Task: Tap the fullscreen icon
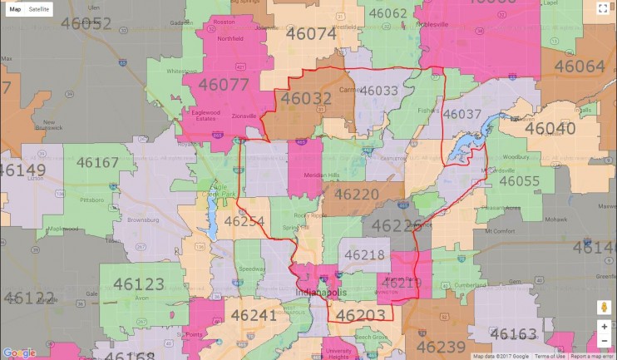tap(603, 9)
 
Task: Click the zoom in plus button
tap(604, 326)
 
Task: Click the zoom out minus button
tap(604, 341)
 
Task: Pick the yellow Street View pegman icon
tap(604, 307)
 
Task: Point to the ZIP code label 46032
tap(306, 99)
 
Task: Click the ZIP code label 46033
tap(385, 90)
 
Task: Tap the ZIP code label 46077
tap(222, 84)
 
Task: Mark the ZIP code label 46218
tap(364, 254)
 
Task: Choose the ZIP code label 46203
tap(361, 314)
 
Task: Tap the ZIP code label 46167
tap(97, 162)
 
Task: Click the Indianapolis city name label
tap(318, 293)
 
